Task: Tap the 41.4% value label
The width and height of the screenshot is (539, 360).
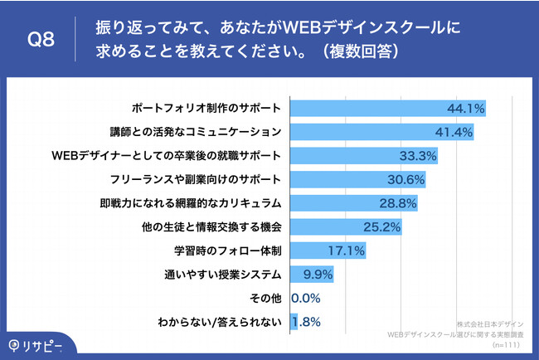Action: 454,131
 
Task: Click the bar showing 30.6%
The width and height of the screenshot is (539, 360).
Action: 348,179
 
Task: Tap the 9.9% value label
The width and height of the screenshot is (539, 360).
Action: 319,274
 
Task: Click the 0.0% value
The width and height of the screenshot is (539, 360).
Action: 306,298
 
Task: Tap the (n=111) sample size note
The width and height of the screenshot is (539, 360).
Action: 507,343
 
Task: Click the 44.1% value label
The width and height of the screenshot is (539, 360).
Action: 464,108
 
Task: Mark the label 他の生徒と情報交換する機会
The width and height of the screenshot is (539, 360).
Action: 219,226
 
